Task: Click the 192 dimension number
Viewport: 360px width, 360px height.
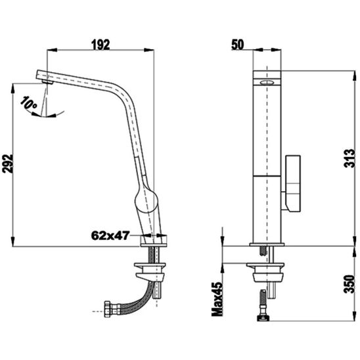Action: point(101,45)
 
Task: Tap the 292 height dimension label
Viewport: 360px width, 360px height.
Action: point(8,164)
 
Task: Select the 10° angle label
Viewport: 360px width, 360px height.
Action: point(28,102)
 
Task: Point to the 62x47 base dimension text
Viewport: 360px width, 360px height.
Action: point(110,236)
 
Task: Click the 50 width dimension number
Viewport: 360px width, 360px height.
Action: point(237,45)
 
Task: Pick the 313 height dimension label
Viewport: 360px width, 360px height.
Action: point(349,158)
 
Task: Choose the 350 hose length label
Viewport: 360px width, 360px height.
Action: point(349,284)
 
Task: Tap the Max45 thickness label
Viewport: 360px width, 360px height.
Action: point(217,299)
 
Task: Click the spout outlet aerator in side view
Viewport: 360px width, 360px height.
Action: point(48,82)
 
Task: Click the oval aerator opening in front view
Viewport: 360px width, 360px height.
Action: point(267,82)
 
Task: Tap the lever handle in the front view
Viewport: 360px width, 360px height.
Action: point(291,183)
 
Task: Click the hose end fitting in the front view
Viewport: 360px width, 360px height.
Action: point(263,318)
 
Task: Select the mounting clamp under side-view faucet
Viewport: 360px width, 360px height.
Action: point(150,271)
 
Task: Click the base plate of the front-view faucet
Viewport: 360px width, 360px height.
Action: point(267,244)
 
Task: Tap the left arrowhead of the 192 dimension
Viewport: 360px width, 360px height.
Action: point(52,50)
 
